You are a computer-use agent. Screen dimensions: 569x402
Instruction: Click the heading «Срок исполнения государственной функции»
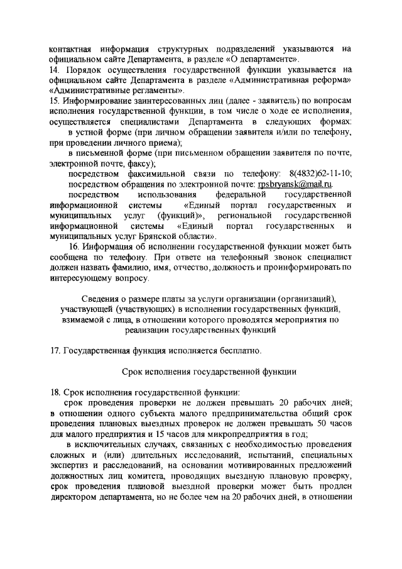pyautogui.click(x=200, y=370)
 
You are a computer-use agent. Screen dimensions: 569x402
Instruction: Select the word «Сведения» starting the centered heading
pyautogui.click(x=102, y=297)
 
